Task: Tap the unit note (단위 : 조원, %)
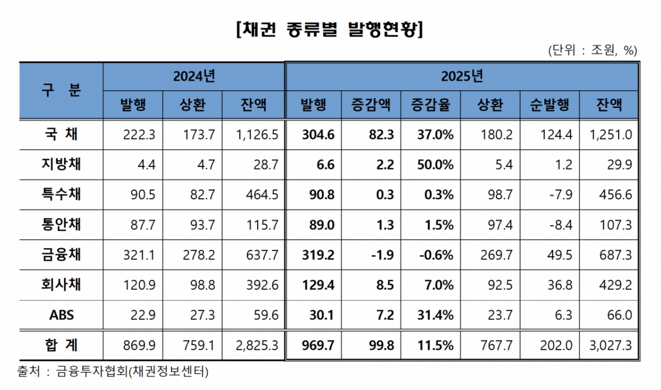click(x=592, y=50)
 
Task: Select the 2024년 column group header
click(x=193, y=76)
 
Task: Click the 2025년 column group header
click(x=462, y=76)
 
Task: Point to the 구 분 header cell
click(x=61, y=90)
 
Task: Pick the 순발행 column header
click(x=549, y=105)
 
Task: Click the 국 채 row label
click(x=61, y=134)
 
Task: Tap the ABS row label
click(x=61, y=315)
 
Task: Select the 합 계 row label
click(x=61, y=345)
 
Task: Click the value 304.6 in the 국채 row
click(x=319, y=134)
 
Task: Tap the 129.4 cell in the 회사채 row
click(x=319, y=285)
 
